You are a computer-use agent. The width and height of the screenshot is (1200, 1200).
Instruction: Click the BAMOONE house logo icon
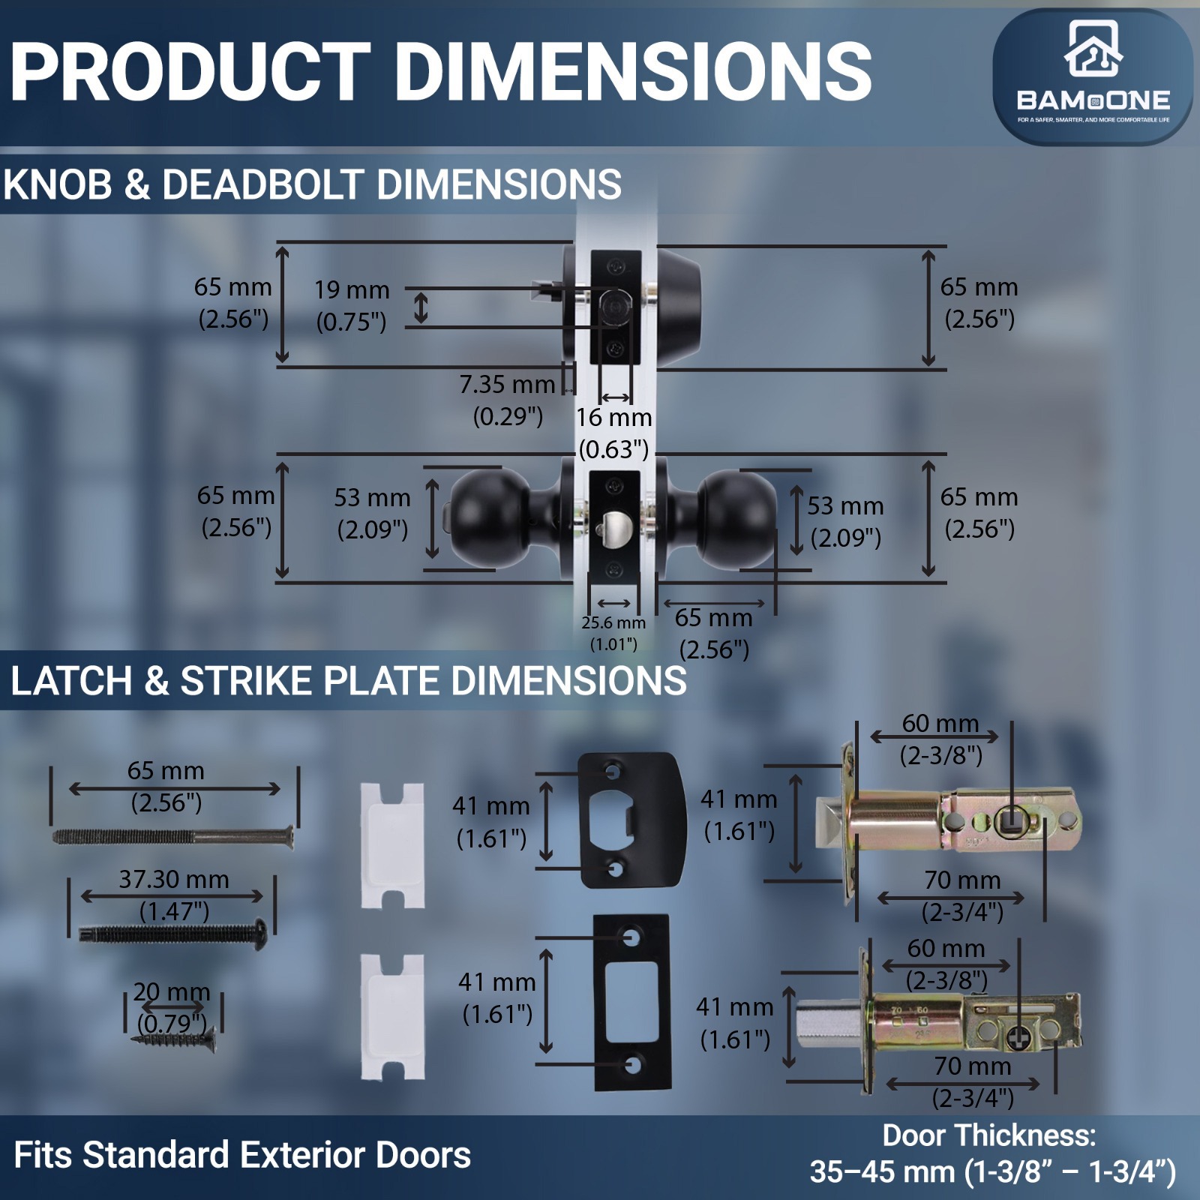click(1093, 49)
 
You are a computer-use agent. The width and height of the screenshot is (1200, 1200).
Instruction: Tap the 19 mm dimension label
click(352, 289)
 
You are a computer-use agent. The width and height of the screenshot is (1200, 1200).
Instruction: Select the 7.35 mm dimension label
click(507, 384)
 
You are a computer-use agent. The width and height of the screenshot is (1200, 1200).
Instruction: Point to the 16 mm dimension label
click(613, 417)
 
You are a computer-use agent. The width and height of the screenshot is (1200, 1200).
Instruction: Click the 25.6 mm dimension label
click(613, 622)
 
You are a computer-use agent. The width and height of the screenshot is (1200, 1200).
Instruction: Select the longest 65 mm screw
click(172, 835)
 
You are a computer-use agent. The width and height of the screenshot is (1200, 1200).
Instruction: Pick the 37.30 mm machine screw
click(173, 934)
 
